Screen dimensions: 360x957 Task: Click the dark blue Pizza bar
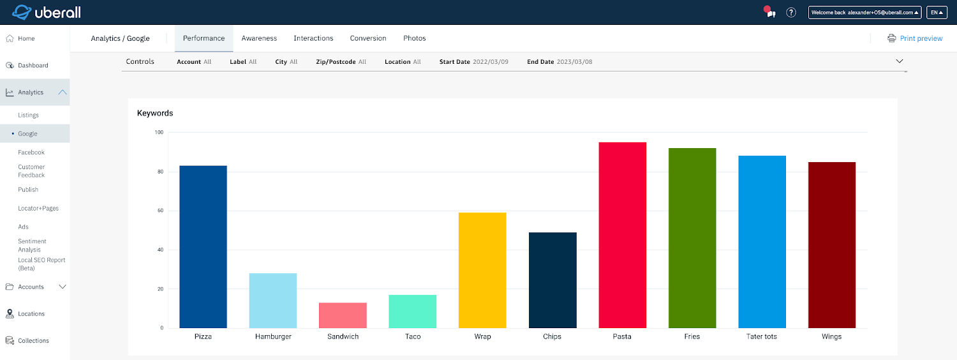click(x=203, y=246)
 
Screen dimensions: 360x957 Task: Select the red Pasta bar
click(x=622, y=235)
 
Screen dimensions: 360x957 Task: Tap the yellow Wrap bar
click(x=482, y=270)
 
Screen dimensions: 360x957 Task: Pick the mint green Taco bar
click(x=412, y=311)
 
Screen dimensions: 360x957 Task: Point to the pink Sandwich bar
click(x=343, y=315)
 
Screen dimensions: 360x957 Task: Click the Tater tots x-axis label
click(x=762, y=336)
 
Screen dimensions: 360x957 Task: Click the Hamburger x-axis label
click(x=273, y=336)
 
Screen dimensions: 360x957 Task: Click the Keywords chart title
click(x=155, y=113)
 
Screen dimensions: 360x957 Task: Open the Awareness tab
click(x=259, y=38)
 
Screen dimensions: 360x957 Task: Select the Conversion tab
click(x=368, y=38)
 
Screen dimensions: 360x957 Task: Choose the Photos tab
click(x=414, y=38)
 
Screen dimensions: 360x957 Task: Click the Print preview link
click(x=921, y=38)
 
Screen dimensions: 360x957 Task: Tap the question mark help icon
click(x=791, y=12)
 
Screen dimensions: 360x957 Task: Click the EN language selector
click(x=937, y=12)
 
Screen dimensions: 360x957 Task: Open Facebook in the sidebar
click(x=31, y=153)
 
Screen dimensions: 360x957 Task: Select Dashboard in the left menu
click(x=33, y=65)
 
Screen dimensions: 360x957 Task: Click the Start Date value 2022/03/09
click(x=491, y=62)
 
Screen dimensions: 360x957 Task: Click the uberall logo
click(x=46, y=12)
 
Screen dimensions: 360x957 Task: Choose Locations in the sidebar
click(x=31, y=313)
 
